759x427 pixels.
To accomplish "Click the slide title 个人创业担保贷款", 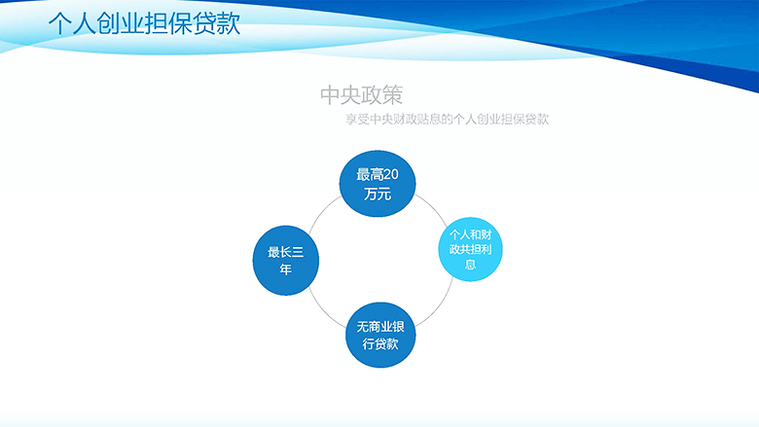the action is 144,23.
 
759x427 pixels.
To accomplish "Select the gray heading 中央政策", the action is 361,95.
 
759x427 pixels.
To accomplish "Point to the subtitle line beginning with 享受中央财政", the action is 447,119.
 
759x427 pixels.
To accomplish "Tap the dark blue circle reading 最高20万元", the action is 378,184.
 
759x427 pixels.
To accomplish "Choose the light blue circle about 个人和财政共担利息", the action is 471,249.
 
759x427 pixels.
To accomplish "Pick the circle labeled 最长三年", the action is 285,260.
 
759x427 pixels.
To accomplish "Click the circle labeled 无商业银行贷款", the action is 380,336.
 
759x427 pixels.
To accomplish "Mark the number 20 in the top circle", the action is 391,174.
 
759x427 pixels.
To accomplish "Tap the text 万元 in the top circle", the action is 378,195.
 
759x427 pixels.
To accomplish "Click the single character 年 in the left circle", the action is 285,268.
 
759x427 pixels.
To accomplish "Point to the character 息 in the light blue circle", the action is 471,264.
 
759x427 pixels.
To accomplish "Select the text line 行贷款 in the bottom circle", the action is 380,343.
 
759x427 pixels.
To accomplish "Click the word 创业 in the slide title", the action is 120,23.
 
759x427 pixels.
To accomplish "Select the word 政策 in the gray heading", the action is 381,95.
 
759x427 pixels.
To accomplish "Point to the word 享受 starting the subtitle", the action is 357,119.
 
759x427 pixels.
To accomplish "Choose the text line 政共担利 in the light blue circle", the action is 471,250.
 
